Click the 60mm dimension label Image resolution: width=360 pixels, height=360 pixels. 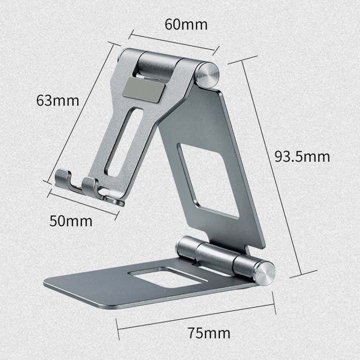point(186,24)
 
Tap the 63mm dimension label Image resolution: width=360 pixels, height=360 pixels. point(57,100)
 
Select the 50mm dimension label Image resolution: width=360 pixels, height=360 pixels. point(70,221)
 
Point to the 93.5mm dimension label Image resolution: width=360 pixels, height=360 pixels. point(302,156)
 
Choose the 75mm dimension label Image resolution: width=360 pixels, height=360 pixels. point(208,333)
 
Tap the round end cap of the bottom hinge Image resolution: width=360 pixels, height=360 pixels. point(264,273)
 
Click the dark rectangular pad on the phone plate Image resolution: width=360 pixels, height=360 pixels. point(144,90)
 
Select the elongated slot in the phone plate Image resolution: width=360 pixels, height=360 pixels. point(124,142)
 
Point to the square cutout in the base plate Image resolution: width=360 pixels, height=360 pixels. point(167,277)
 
